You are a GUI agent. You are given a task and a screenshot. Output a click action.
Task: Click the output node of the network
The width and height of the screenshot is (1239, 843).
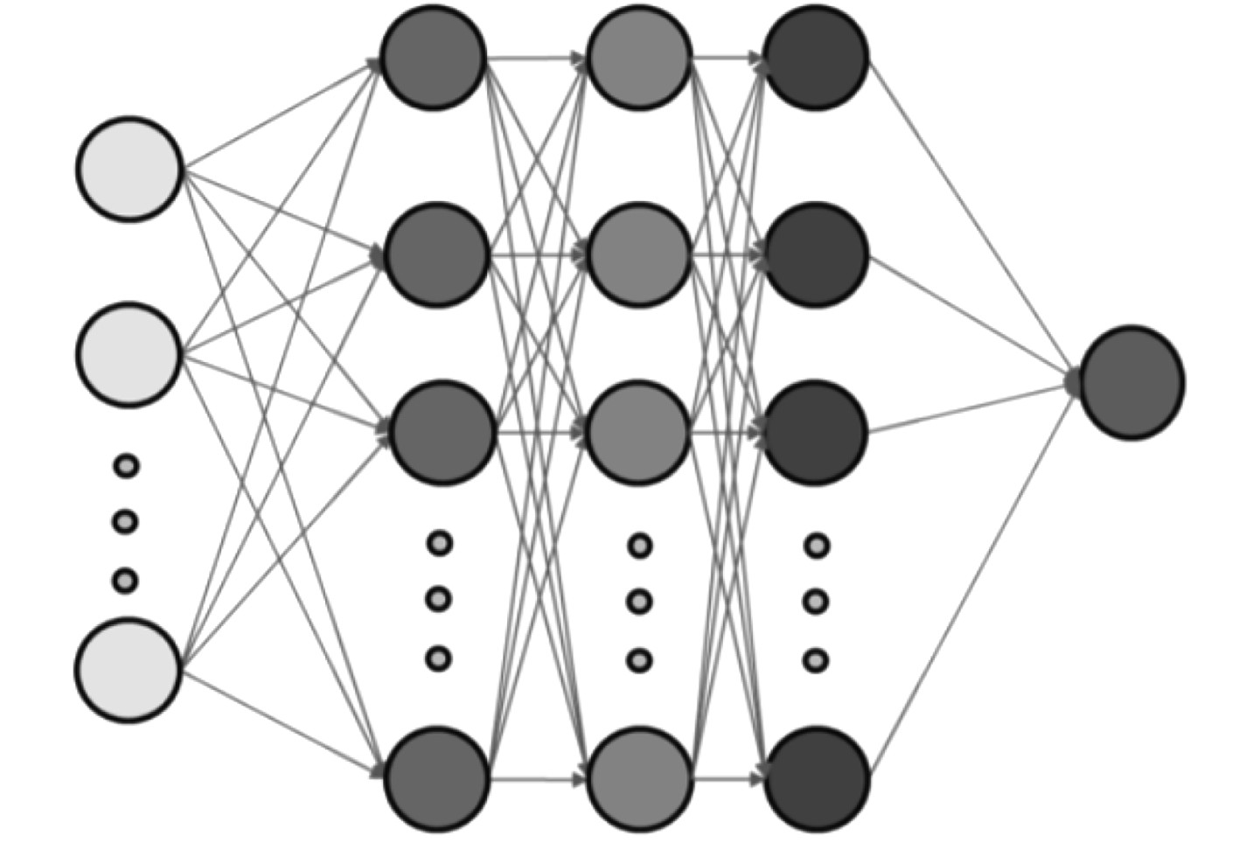pyautogui.click(x=1132, y=382)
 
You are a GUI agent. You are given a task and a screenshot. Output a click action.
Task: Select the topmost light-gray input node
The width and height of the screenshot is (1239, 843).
pyautogui.click(x=129, y=169)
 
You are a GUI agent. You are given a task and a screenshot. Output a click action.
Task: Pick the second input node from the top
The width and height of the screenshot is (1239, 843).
pyautogui.click(x=129, y=354)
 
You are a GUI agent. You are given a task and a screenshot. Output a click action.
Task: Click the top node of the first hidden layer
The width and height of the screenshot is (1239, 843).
pyautogui.click(x=433, y=58)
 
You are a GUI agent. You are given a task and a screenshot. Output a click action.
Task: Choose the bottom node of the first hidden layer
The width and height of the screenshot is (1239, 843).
pyautogui.click(x=436, y=777)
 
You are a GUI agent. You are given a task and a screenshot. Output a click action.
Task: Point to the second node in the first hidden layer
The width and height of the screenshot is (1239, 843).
pyautogui.click(x=436, y=254)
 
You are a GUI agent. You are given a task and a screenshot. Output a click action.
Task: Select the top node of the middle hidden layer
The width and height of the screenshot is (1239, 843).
pyautogui.click(x=639, y=58)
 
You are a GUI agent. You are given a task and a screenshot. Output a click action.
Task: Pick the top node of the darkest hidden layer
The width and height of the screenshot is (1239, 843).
pyautogui.click(x=816, y=58)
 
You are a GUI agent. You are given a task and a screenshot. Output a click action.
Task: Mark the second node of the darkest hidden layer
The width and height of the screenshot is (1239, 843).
pyautogui.click(x=816, y=254)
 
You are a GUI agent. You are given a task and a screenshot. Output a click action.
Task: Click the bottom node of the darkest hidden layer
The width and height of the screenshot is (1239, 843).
pyautogui.click(x=816, y=777)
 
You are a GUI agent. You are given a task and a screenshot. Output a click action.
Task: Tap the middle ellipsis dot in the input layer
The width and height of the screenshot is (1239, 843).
pyautogui.click(x=126, y=522)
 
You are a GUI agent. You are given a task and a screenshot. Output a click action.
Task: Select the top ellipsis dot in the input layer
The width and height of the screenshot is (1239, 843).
pyautogui.click(x=127, y=465)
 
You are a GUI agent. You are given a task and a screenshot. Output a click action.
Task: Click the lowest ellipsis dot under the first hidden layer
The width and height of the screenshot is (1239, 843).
pyautogui.click(x=439, y=658)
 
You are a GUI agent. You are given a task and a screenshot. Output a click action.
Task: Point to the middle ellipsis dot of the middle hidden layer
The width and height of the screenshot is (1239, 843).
pyautogui.click(x=640, y=602)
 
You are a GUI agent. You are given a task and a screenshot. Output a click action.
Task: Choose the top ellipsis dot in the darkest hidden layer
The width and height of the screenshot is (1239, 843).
pyautogui.click(x=817, y=547)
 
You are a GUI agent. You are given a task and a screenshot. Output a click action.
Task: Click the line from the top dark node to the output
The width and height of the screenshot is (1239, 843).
pyautogui.click(x=971, y=219)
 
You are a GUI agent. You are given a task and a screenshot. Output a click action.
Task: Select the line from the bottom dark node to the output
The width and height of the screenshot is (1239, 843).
pyautogui.click(x=971, y=577)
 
